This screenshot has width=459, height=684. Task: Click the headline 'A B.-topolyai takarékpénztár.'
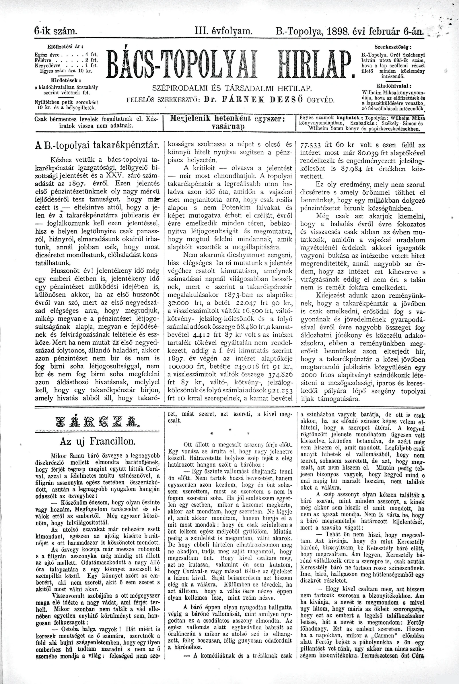coord(97,145)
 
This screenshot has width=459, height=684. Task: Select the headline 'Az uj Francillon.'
coord(97,441)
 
